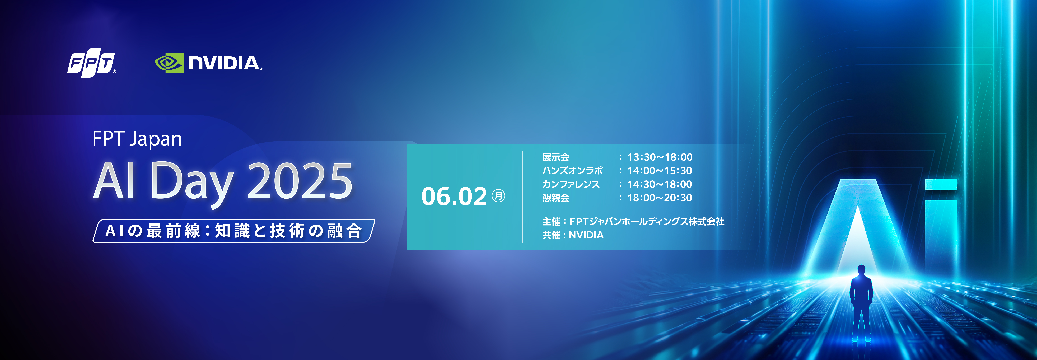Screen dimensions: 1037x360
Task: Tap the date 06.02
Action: coord(454,197)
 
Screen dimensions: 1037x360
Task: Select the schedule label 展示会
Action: coord(555,157)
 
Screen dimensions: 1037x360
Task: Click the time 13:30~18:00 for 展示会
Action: coord(660,157)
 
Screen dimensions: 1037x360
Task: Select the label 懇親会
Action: coord(555,198)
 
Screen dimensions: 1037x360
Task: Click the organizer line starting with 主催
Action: coord(633,221)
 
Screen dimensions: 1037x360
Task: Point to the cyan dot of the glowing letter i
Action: coord(941,184)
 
